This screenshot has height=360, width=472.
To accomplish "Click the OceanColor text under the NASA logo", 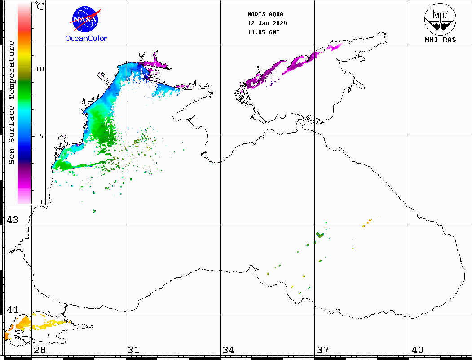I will click(x=86, y=39).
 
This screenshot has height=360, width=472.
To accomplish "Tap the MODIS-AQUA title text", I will click(x=265, y=14).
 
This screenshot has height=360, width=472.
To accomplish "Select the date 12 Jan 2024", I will click(x=267, y=23).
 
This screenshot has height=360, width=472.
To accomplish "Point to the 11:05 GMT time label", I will click(x=264, y=32).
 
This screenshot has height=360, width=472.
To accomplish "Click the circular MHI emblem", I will click(x=440, y=18).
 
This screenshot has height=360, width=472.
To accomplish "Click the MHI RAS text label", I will click(x=440, y=40).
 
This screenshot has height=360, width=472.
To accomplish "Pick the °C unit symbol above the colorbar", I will click(x=40, y=6).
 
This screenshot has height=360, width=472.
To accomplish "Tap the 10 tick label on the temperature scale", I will click(x=40, y=69).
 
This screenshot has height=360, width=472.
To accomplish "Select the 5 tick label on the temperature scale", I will click(x=42, y=136).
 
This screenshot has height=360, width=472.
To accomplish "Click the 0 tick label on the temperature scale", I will click(x=43, y=202).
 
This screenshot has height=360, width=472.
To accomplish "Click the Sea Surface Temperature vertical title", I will click(x=12, y=102).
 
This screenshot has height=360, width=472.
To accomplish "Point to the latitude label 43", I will click(x=12, y=220).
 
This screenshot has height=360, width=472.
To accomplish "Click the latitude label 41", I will click(x=12, y=310).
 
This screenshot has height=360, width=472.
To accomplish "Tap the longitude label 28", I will click(x=40, y=350).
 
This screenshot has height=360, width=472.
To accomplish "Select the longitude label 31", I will click(x=133, y=350).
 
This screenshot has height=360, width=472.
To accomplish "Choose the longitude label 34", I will click(x=228, y=350).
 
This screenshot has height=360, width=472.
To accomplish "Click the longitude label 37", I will click(x=322, y=350).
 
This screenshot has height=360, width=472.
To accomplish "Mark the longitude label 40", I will click(x=417, y=350).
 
